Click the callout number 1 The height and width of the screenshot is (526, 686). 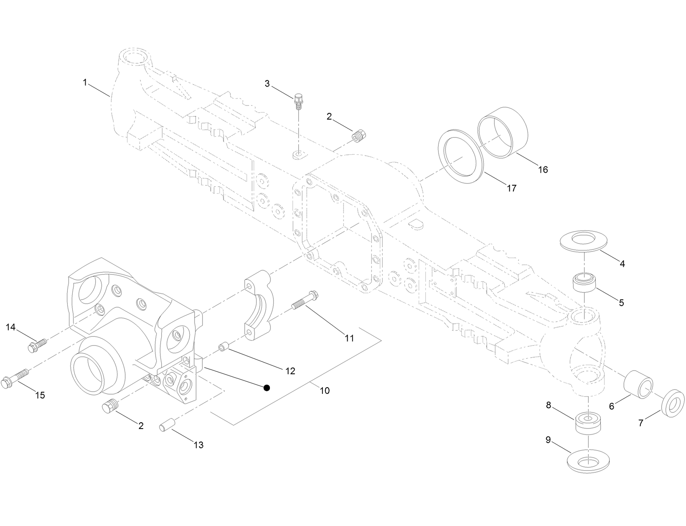point(85,83)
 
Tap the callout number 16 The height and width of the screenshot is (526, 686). point(543,169)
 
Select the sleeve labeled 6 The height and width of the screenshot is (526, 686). point(638,384)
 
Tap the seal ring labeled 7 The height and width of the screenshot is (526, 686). point(673,403)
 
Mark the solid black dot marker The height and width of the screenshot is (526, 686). point(267,388)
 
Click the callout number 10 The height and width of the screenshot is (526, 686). point(325,391)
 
